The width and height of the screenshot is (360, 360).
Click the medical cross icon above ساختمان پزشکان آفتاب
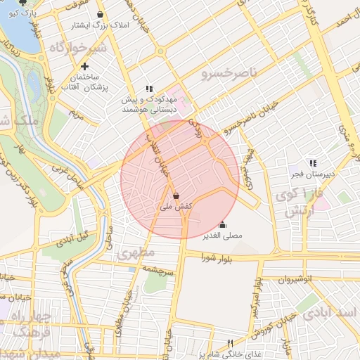(84, 66)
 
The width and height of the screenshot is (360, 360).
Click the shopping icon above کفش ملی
(174, 196)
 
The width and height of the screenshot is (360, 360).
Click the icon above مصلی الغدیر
(222, 225)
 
